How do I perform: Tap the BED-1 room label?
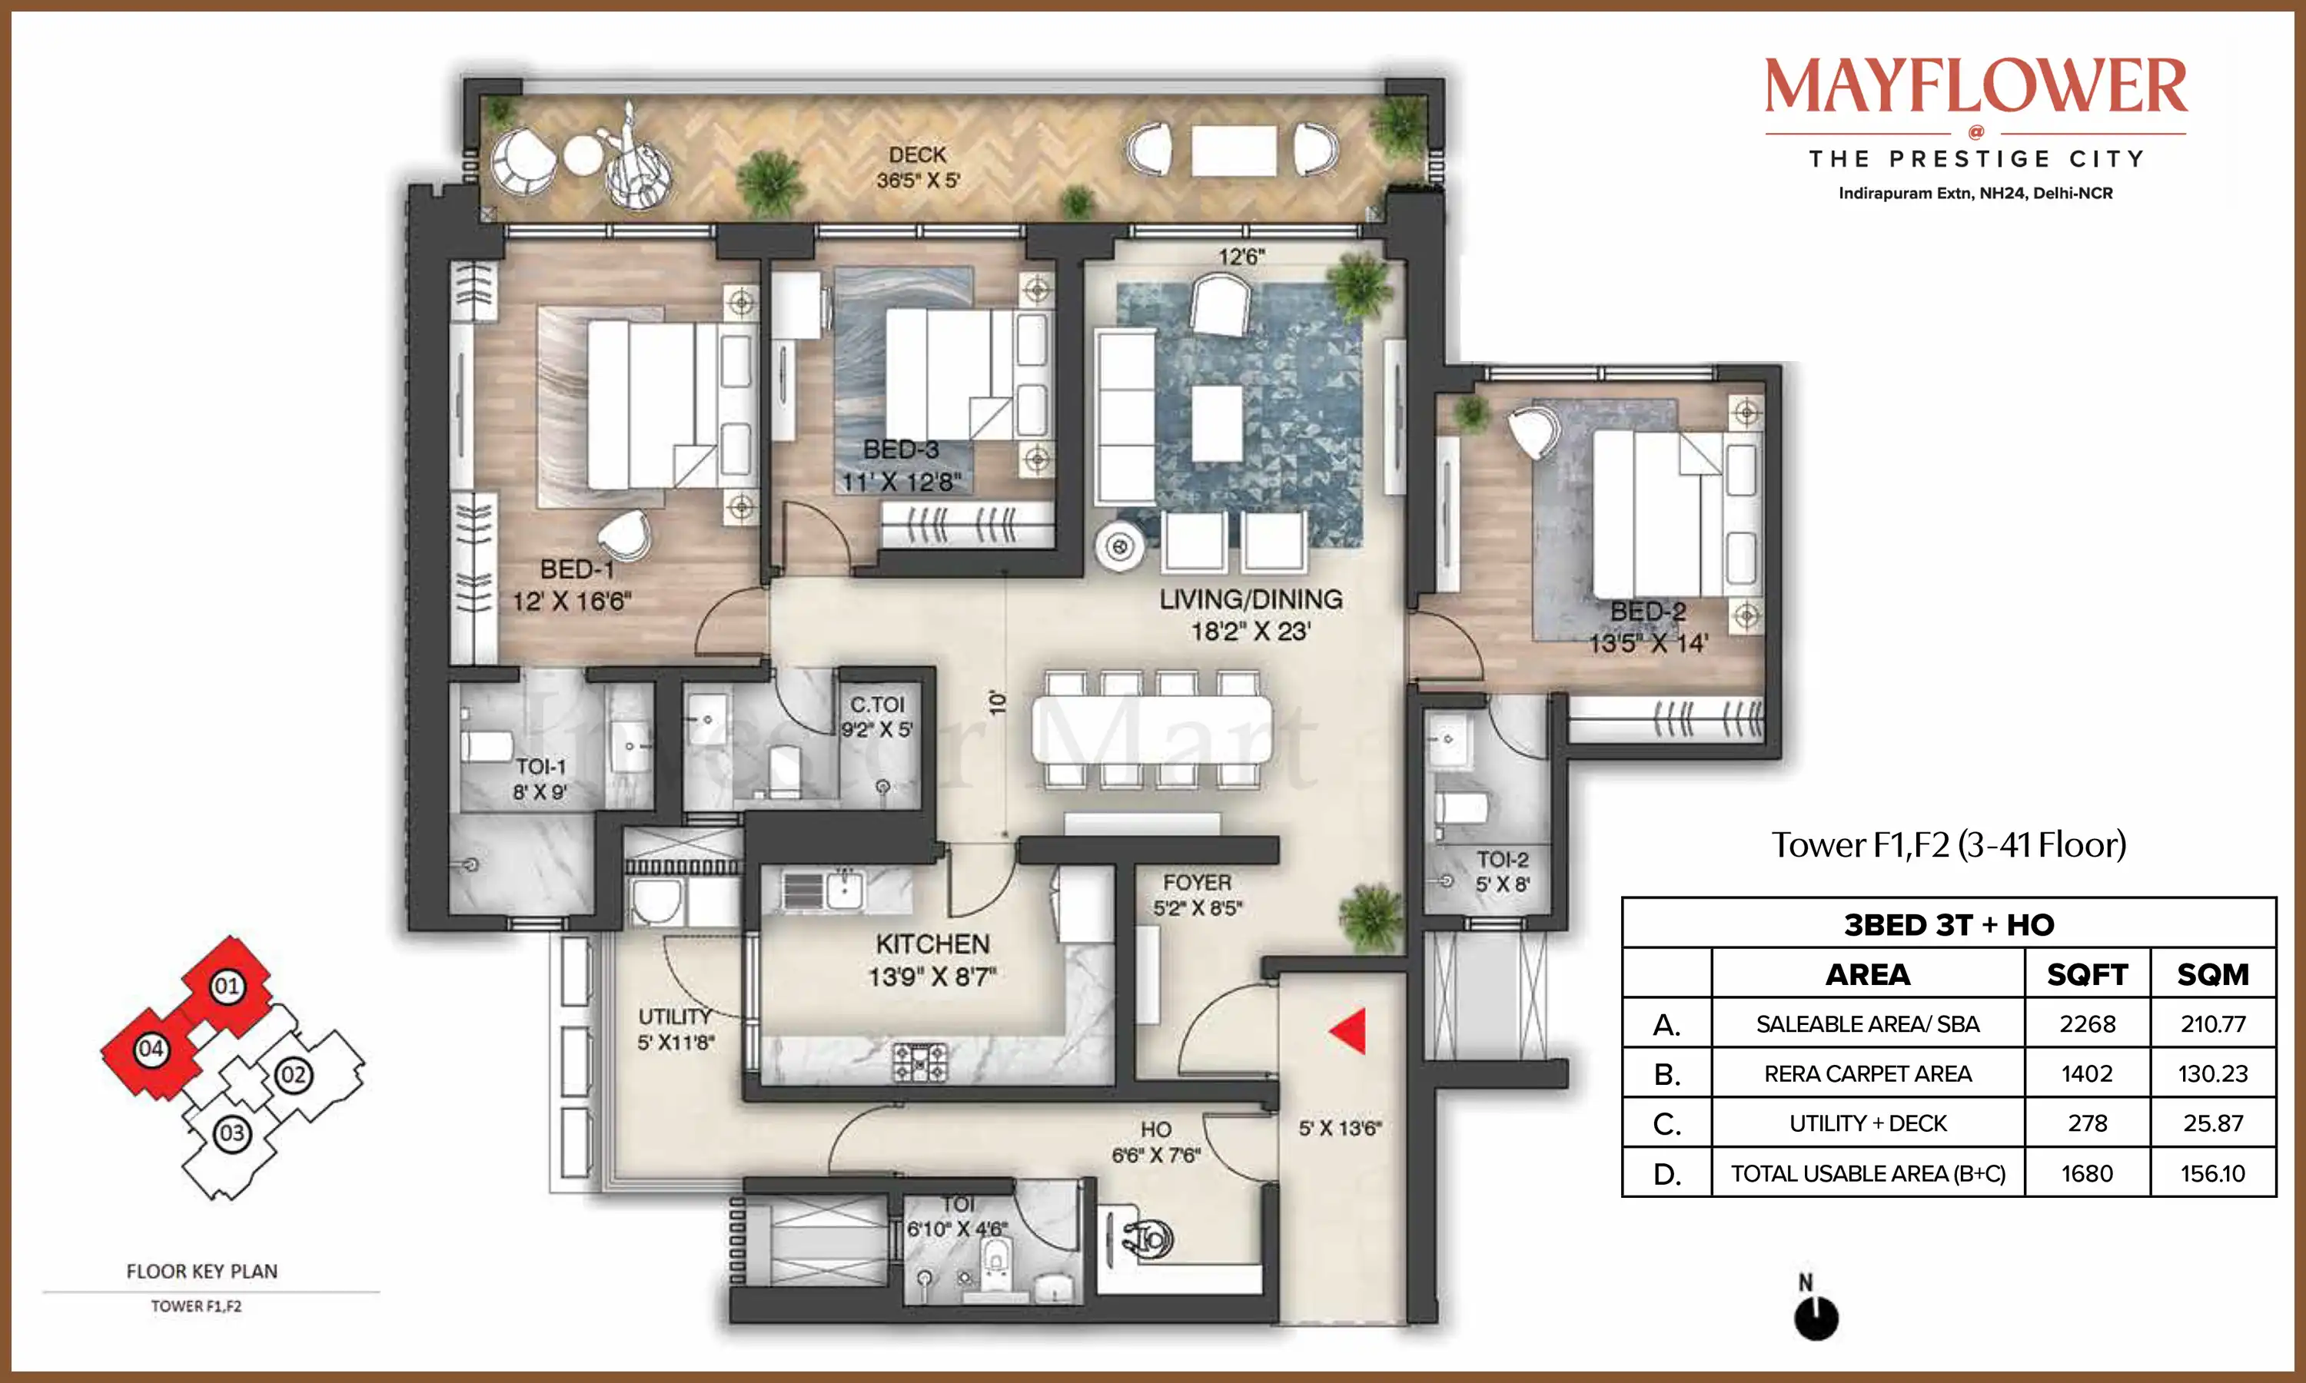coord(577,569)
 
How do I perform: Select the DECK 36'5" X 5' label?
coord(918,167)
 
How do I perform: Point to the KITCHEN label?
coord(933,944)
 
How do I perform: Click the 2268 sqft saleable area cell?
coord(2087,1024)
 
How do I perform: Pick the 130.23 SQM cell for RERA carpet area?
coord(2213,1073)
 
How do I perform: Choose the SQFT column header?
coord(2087,975)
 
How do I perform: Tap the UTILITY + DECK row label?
coord(1868,1123)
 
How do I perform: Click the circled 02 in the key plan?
coord(293,1075)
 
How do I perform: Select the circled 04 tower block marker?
coord(150,1050)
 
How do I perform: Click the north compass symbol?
coord(1816,1308)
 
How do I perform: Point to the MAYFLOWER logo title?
coord(1976,87)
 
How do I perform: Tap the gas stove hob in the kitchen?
coord(919,1063)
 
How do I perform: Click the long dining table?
coord(1152,731)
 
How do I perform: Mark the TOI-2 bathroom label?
coord(1502,859)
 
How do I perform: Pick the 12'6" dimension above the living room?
coord(1241,257)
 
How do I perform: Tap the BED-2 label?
coord(1648,612)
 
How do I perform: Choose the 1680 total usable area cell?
coord(2087,1173)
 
